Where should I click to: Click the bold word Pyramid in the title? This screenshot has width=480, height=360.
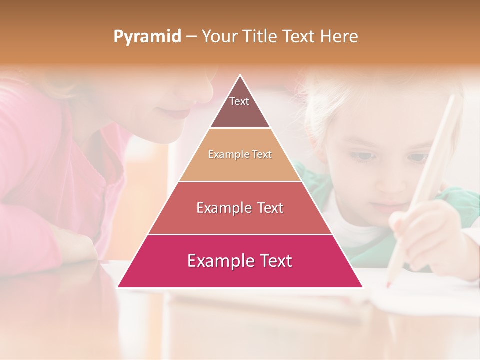147,37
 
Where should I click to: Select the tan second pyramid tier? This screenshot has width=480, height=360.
240,155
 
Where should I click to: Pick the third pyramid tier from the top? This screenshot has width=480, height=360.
240,208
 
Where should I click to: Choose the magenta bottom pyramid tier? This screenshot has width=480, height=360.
240,261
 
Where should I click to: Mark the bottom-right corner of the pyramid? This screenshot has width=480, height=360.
362,287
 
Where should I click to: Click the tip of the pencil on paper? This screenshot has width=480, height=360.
387,285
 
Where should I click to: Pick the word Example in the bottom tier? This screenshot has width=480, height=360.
214,261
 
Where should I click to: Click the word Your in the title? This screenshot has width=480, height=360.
218,36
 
